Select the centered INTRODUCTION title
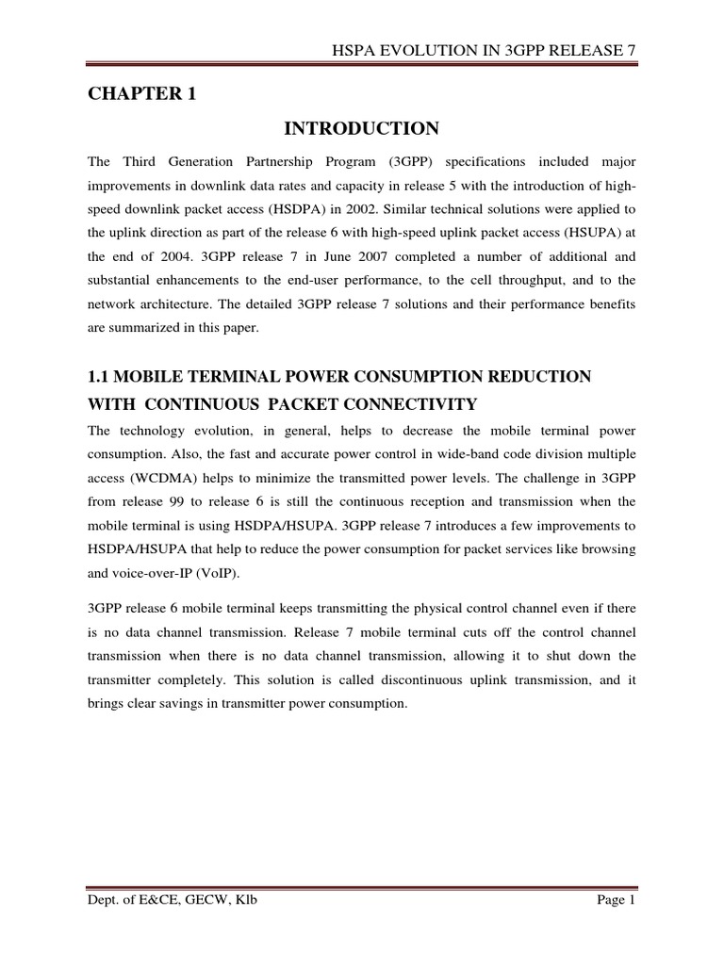pyautogui.click(x=362, y=128)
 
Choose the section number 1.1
pyautogui.click(x=99, y=377)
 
